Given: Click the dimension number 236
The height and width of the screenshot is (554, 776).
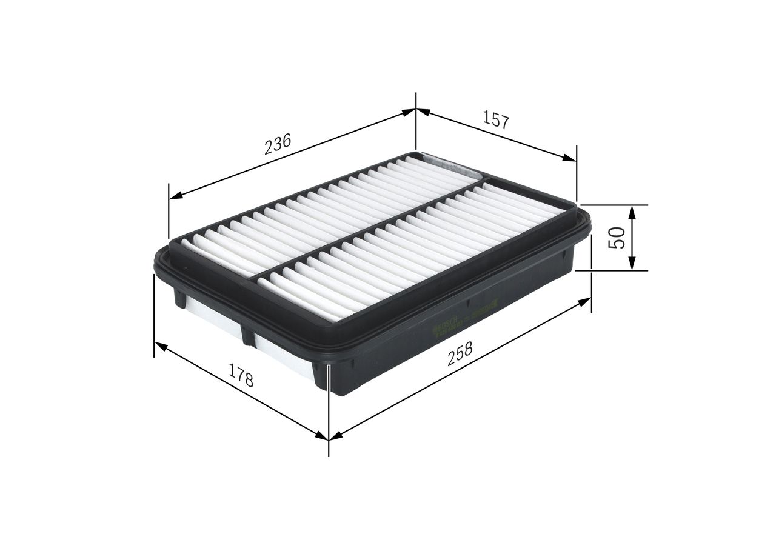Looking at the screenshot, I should tap(278, 144).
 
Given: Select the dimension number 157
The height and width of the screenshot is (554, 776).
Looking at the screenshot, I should tap(495, 119).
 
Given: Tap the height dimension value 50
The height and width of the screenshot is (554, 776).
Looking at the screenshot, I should tap(617, 237).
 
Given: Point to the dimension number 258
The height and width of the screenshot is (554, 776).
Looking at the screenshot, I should tap(460, 354).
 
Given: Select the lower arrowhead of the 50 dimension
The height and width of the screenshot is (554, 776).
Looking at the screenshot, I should tap(632, 264).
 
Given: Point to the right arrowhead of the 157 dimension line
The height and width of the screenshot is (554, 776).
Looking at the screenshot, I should tap(569, 158).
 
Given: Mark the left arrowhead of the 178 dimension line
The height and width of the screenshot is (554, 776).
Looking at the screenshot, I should tap(161, 345).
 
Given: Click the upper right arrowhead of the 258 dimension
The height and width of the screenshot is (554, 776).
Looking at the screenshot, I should tap(584, 301).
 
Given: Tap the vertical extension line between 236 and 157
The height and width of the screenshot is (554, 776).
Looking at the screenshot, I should tap(416, 121).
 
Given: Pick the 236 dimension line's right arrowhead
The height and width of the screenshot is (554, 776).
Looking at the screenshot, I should tap(409, 112).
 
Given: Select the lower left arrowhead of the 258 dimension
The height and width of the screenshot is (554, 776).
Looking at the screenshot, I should tap(335, 434).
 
